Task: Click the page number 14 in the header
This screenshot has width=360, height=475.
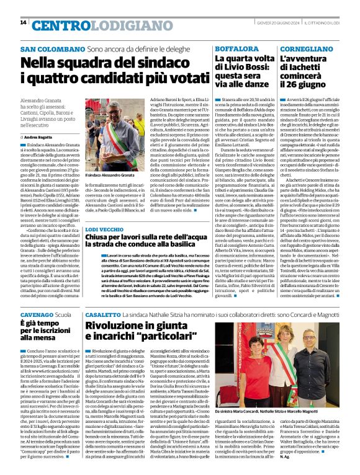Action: (x=24, y=23)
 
